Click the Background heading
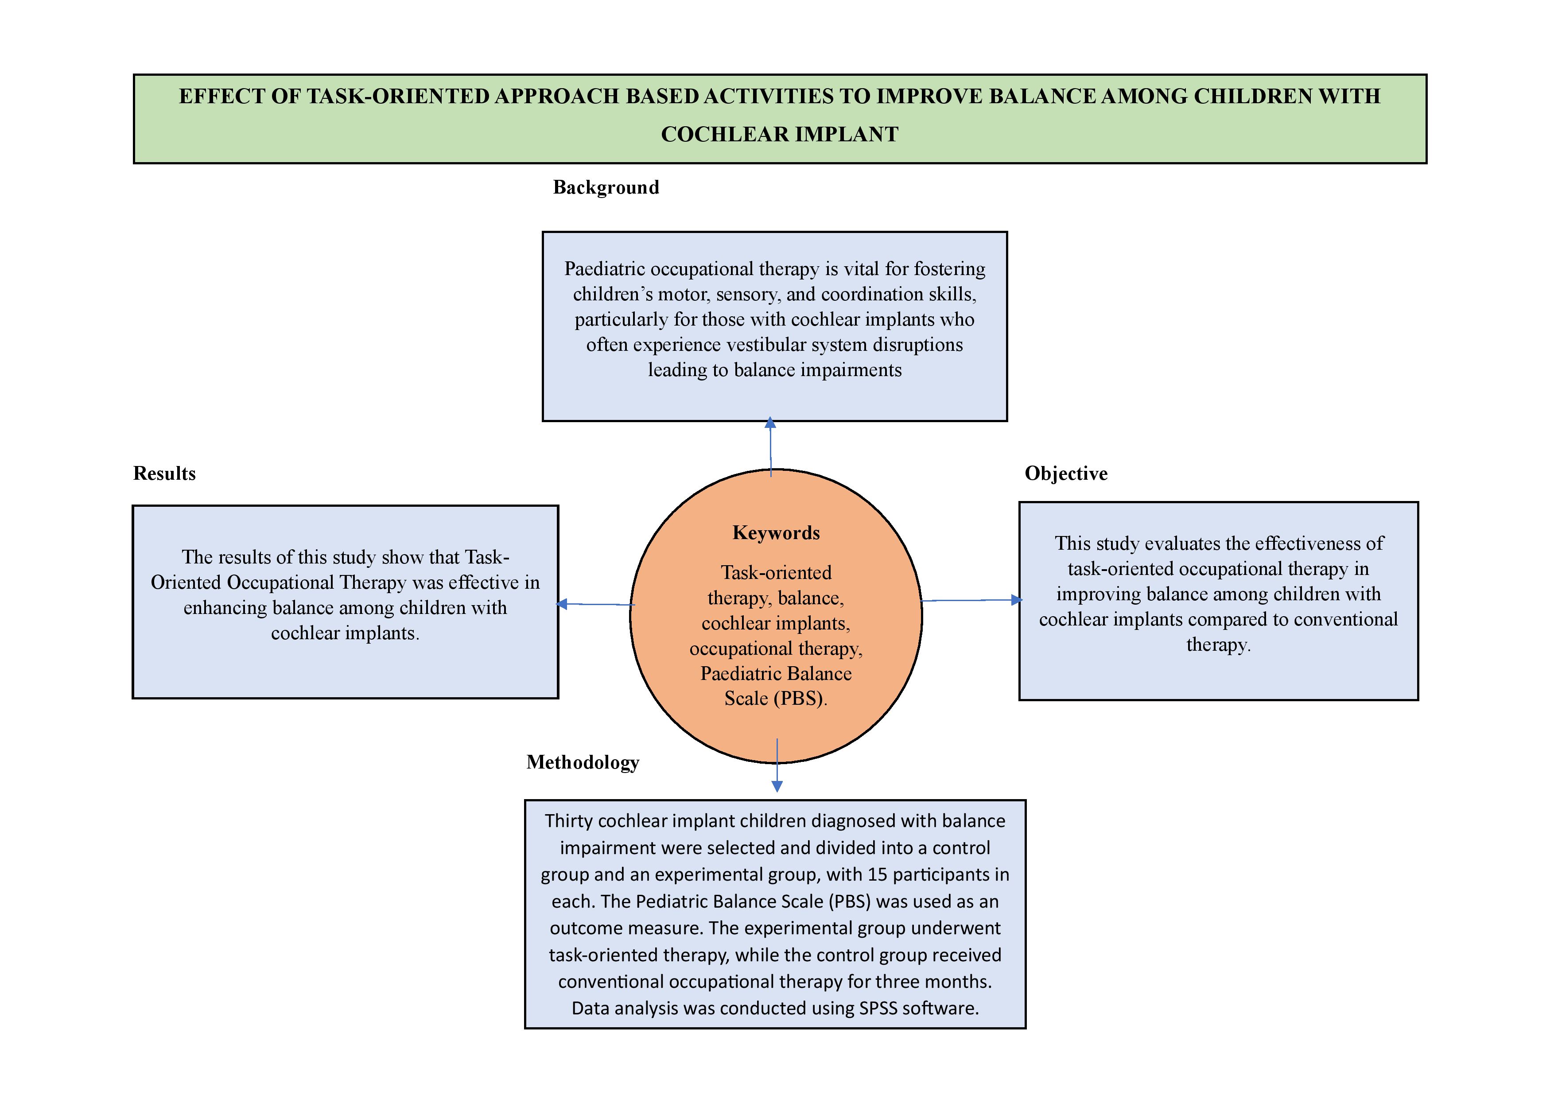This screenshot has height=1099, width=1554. (606, 187)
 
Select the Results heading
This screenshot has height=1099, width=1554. (164, 473)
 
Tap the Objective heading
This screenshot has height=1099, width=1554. (1066, 473)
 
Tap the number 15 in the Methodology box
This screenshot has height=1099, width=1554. (877, 874)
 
